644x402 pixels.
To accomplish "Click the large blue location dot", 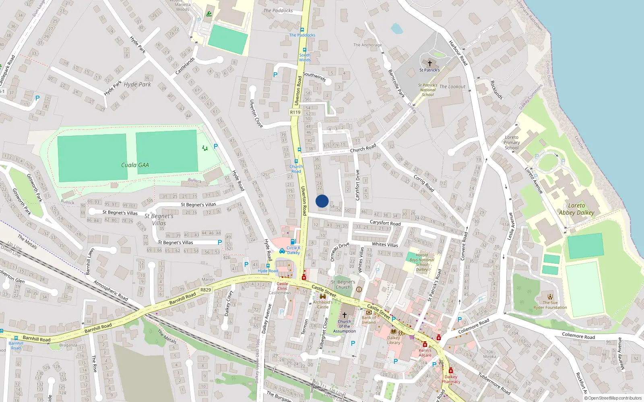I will [322, 201].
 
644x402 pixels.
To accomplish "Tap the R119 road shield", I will [295, 112].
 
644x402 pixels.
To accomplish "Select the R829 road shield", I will [205, 290].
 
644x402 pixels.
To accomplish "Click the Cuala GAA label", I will [135, 165].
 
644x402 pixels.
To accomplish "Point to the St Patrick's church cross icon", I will [429, 63].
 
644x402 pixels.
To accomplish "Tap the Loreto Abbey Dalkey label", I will [576, 209].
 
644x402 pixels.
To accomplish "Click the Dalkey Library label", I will [394, 340].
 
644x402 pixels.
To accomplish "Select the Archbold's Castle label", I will [323, 304].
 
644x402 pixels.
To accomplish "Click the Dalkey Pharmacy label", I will [451, 379].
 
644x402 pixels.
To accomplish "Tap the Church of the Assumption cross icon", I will [345, 315].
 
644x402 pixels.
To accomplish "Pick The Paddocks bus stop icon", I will [302, 30].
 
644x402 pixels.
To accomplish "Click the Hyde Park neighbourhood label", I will [137, 84].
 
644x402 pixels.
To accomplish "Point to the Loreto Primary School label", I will [512, 142].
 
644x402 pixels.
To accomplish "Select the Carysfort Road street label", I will [385, 223].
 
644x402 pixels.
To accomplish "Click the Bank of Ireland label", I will [369, 320].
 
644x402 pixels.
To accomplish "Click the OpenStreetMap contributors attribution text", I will [613, 398].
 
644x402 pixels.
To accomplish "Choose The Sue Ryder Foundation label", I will [550, 305].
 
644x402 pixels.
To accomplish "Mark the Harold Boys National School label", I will [422, 262].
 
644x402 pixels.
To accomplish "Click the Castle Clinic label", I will [282, 286].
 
